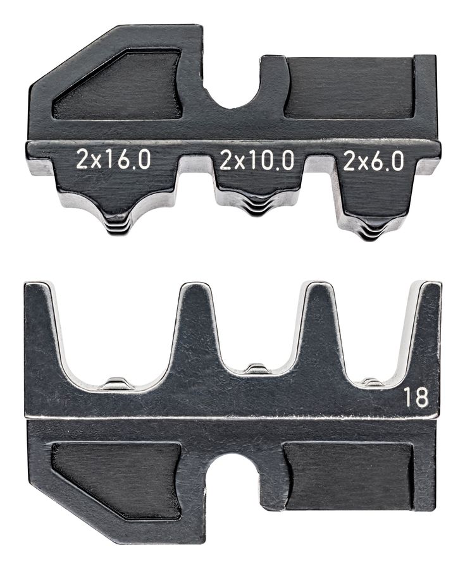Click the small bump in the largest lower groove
pyautogui.click(x=118, y=382)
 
